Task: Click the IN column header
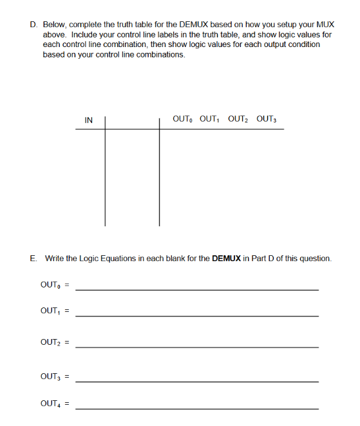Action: pos(89,120)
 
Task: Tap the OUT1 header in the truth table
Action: pos(210,119)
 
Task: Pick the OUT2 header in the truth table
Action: pos(238,119)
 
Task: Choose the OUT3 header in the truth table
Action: pos(266,119)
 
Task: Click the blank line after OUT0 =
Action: pos(196,289)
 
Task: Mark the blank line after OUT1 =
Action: pos(196,315)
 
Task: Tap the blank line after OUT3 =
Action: pos(196,380)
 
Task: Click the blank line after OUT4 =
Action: pos(196,408)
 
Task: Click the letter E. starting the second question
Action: pos(33,258)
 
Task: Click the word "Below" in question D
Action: pos(53,24)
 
